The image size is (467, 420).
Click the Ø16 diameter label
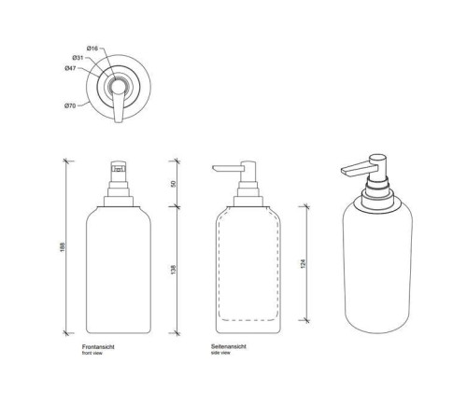click(92, 49)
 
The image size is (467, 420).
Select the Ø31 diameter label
click(78, 58)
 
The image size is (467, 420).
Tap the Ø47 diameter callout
click(70, 68)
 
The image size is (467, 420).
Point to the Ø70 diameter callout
click(70, 105)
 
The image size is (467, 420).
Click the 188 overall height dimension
click(62, 247)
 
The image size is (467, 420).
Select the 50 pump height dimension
click(174, 184)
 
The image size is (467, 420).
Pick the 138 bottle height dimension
click(174, 270)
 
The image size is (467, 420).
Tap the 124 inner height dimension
click(304, 264)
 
